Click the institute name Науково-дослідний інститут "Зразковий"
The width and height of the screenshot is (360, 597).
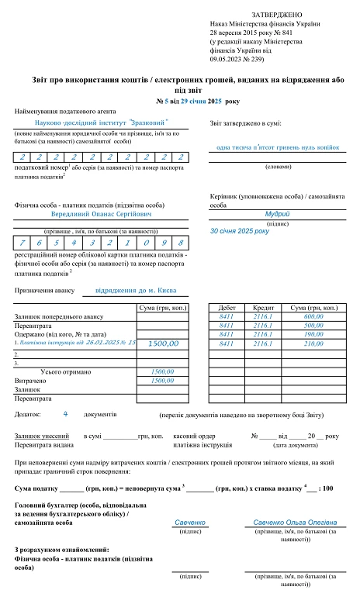(x=102, y=123)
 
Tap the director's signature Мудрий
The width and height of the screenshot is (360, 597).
(x=278, y=213)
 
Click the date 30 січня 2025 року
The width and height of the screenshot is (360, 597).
(x=240, y=231)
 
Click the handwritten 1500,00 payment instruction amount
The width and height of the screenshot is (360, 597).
(x=163, y=343)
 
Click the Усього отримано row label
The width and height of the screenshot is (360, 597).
(x=64, y=371)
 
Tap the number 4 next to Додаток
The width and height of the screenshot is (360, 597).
(x=65, y=414)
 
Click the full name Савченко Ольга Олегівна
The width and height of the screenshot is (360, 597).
(x=295, y=523)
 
